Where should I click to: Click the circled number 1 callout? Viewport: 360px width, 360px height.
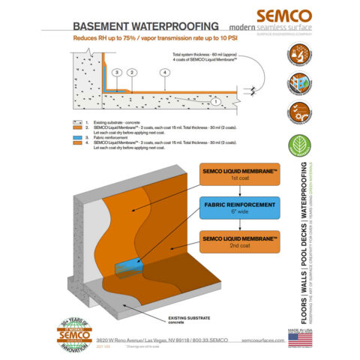click(215, 99)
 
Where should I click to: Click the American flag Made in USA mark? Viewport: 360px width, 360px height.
click(299, 335)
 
